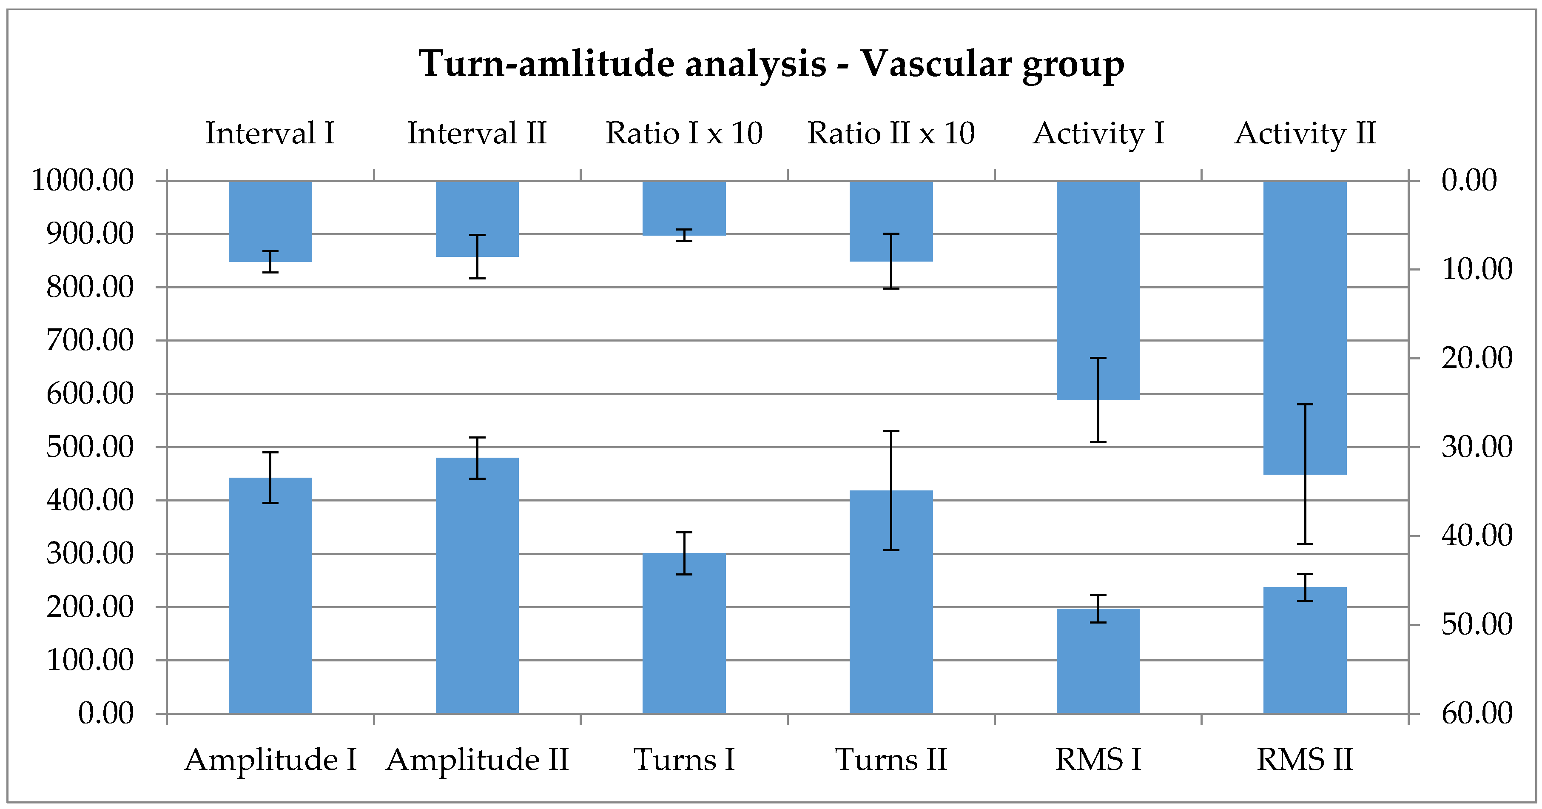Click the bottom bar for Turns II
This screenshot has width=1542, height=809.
(x=891, y=602)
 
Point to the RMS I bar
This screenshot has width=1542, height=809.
(x=1098, y=661)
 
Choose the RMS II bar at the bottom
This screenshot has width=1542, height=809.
(x=1305, y=650)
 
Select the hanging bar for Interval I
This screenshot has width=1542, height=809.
(x=270, y=221)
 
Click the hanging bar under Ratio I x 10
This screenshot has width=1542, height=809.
(x=684, y=208)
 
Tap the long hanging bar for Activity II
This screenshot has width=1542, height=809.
(x=1305, y=328)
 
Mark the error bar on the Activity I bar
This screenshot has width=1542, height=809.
(x=1098, y=400)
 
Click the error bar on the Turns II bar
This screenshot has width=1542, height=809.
(x=891, y=490)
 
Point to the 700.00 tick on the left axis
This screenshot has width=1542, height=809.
(x=161, y=341)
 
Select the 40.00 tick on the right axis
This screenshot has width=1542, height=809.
(x=1414, y=536)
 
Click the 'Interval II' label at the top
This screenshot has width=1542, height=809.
(x=477, y=133)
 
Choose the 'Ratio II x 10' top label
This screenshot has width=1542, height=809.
(x=891, y=133)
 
